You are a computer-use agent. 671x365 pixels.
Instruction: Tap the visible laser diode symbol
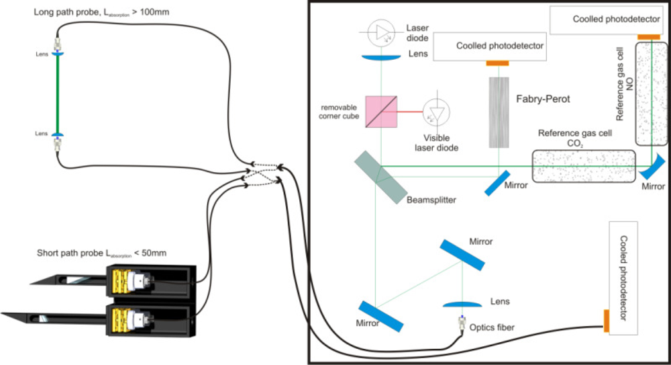[438, 112]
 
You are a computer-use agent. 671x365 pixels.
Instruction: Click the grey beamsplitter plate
[380, 173]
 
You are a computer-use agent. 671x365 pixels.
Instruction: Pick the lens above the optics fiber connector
[462, 304]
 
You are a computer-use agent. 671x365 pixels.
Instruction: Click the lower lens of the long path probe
[58, 136]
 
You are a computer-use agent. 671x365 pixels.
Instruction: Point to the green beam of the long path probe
[58, 94]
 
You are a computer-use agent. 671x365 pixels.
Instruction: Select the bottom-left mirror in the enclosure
[381, 316]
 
